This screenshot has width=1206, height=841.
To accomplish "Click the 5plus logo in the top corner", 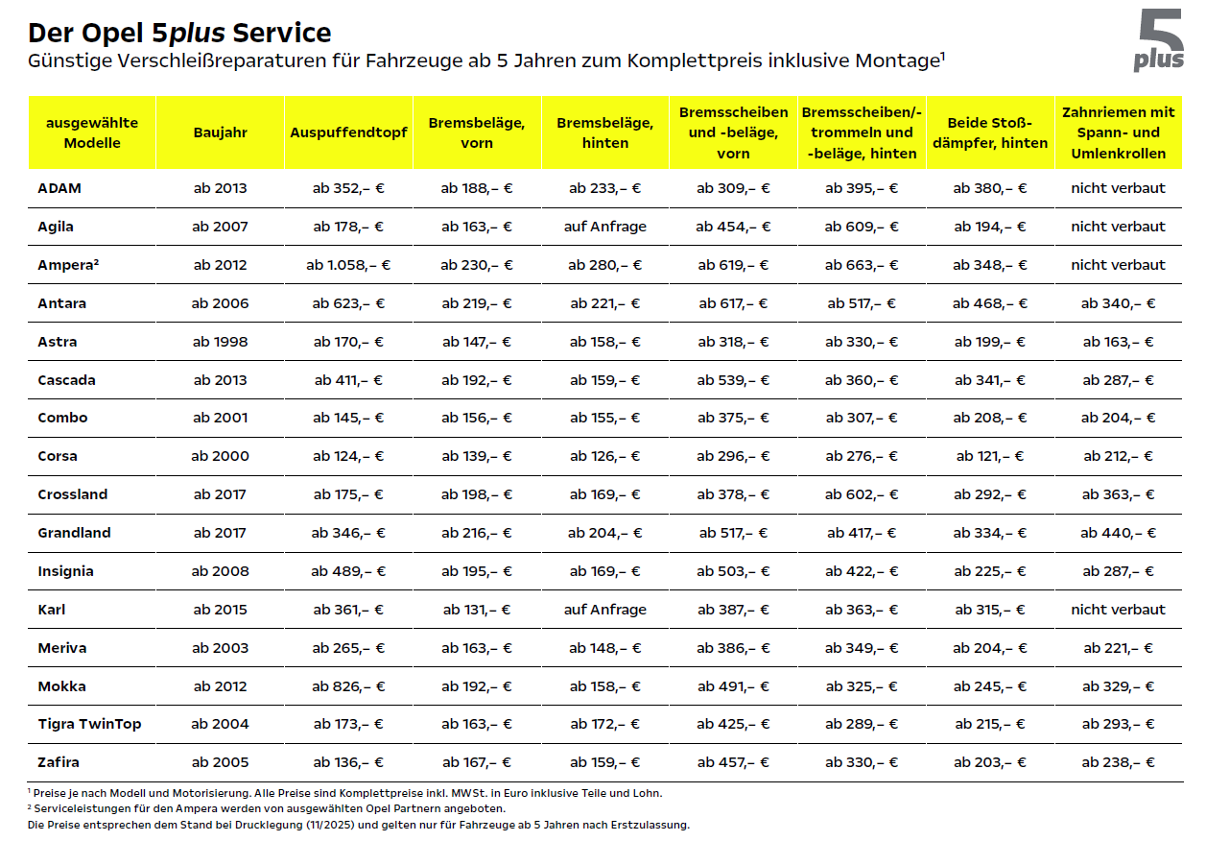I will [x=1159, y=40].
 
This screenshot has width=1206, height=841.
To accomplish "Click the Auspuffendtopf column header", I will [x=348, y=132].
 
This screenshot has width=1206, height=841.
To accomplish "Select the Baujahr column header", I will [x=220, y=132].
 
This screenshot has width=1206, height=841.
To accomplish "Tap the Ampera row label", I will [x=67, y=265].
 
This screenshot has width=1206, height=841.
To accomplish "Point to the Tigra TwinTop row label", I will [x=89, y=724].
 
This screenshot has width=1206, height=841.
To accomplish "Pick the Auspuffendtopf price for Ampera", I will [x=348, y=265].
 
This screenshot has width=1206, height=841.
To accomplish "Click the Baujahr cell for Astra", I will [x=220, y=342].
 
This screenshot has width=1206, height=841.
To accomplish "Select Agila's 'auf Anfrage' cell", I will [x=605, y=227].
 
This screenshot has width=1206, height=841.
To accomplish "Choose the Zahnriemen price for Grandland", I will [x=1119, y=533].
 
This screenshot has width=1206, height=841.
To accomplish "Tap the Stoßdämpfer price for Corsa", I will [x=990, y=456].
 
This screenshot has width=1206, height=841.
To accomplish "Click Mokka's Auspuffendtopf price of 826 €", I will [x=348, y=686].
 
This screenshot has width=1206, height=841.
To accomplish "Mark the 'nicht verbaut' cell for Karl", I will [x=1119, y=610].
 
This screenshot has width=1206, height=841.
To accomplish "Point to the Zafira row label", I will [x=59, y=762].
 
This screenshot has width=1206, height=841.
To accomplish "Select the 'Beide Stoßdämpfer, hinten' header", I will [x=990, y=132].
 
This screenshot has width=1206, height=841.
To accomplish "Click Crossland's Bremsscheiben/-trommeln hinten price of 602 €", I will [x=862, y=494].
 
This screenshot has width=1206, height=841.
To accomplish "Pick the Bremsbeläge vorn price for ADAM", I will [x=477, y=188].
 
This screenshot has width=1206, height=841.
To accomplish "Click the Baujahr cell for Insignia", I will [x=220, y=571].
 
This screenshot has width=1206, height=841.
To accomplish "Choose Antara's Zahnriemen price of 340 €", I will [x=1119, y=303].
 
